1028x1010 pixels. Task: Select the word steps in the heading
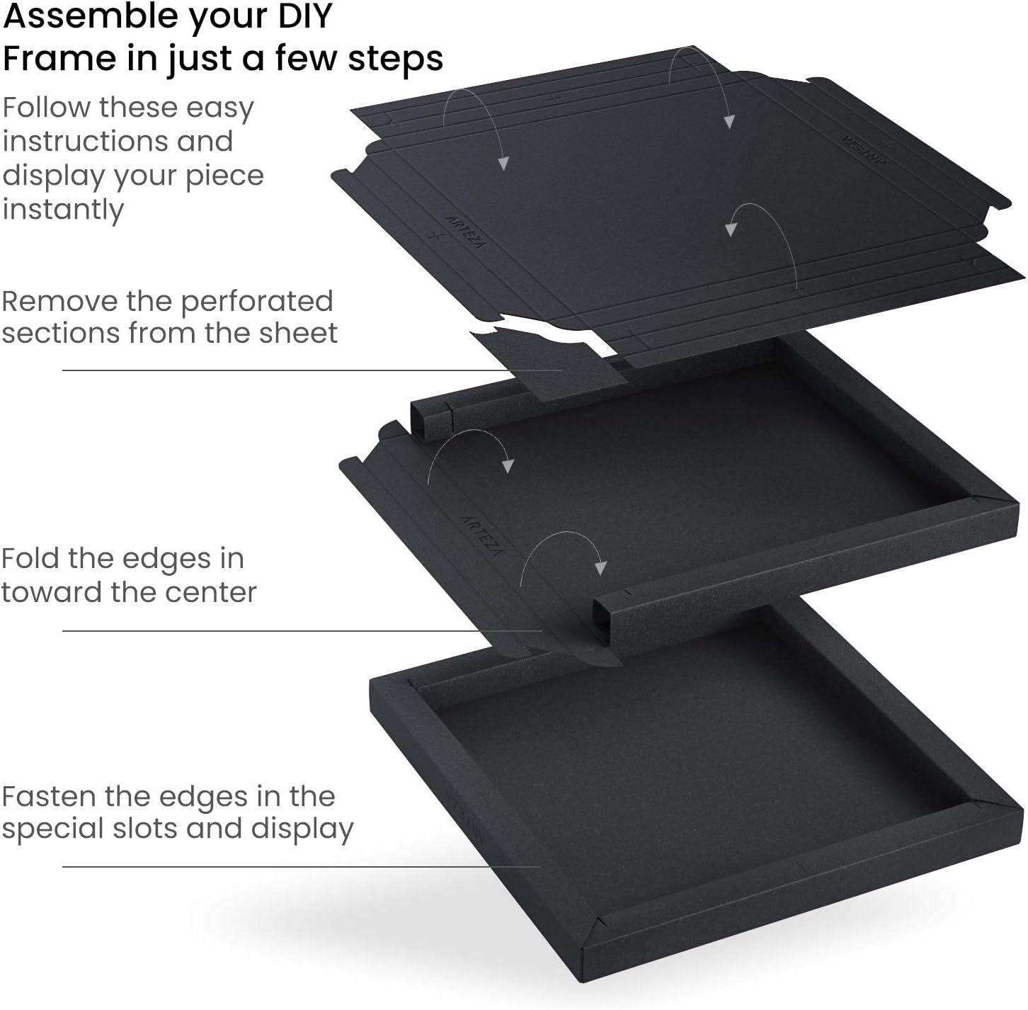(x=395, y=59)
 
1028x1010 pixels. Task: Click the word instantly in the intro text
(x=63, y=209)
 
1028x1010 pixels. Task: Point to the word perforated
(x=256, y=302)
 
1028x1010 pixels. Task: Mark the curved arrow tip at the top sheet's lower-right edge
(x=731, y=229)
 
